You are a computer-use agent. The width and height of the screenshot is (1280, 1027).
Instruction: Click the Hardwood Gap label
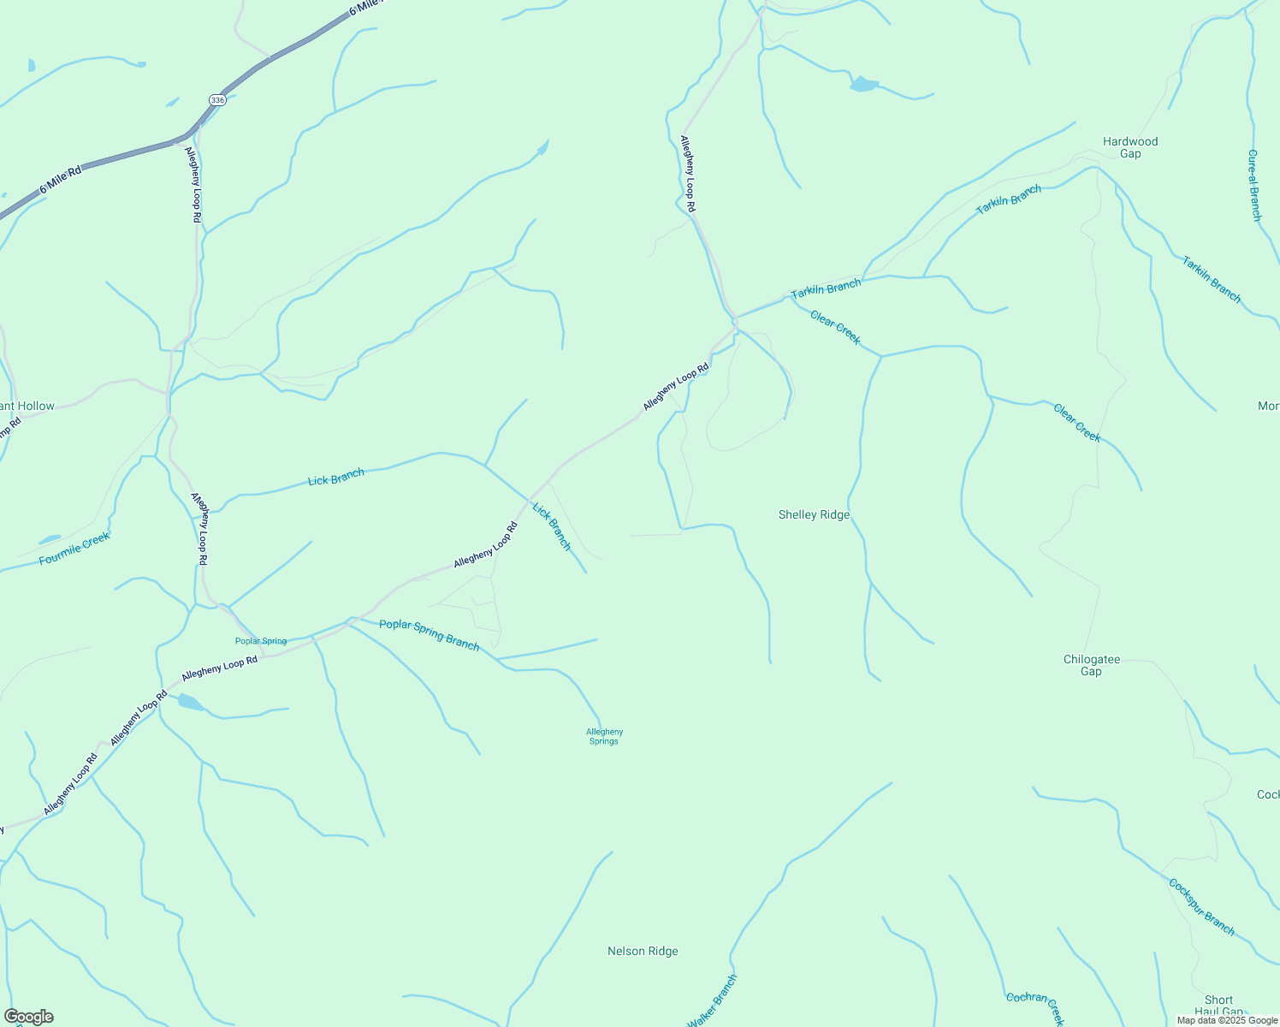pyautogui.click(x=1129, y=147)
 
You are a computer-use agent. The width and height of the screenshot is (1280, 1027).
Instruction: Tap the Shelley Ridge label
pyautogui.click(x=814, y=514)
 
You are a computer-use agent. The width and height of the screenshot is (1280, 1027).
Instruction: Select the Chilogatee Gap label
pyautogui.click(x=1091, y=665)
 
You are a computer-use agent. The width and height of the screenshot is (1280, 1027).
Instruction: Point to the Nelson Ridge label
pyautogui.click(x=643, y=951)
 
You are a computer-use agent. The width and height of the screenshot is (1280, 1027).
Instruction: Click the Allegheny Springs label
pyautogui.click(x=604, y=736)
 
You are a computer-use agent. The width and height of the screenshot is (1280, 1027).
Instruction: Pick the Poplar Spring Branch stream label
pyautogui.click(x=429, y=634)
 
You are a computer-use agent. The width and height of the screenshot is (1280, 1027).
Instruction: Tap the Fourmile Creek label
pyautogui.click(x=74, y=549)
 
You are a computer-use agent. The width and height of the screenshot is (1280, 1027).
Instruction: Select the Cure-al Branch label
pyautogui.click(x=1253, y=185)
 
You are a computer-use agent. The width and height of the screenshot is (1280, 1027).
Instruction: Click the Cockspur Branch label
pyautogui.click(x=1201, y=907)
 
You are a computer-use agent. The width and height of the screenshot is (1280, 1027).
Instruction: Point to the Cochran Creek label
pyautogui.click(x=1035, y=1008)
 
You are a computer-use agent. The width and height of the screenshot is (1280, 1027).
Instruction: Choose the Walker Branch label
pyautogui.click(x=712, y=1000)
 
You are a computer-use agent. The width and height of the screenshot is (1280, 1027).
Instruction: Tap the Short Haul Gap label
pyautogui.click(x=1218, y=1006)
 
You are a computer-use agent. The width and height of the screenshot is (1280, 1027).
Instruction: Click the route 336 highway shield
pyautogui.click(x=217, y=100)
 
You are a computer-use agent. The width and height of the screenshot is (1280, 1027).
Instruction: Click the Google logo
pyautogui.click(x=28, y=1016)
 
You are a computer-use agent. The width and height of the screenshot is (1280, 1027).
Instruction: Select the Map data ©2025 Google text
pyautogui.click(x=1226, y=1020)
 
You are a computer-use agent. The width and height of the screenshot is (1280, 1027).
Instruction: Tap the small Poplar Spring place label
pyautogui.click(x=261, y=641)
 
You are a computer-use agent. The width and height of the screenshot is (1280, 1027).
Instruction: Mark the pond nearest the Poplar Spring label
pyautogui.click(x=190, y=703)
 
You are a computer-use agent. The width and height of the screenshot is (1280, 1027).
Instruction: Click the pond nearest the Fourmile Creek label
pyautogui.click(x=49, y=539)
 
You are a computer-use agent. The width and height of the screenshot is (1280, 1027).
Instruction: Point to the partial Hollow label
pyautogui.click(x=27, y=406)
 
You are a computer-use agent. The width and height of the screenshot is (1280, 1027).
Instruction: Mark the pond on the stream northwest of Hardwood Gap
pyautogui.click(x=863, y=84)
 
